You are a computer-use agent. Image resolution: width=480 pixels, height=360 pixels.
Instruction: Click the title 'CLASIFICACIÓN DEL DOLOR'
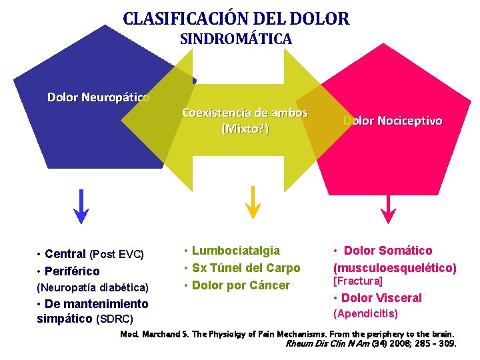[236, 18]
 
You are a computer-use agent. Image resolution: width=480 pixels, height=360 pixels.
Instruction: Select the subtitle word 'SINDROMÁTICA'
[236, 39]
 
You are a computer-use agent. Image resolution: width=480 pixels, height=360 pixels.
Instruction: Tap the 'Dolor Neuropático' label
[98, 98]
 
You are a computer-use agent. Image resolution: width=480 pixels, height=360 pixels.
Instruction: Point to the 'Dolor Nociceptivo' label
[393, 121]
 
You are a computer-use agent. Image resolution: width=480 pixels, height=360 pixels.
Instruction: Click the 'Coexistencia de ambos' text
[245, 113]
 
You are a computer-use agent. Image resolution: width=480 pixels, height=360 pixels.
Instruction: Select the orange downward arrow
[253, 201]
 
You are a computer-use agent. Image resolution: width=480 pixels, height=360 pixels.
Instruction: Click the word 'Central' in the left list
[65, 254]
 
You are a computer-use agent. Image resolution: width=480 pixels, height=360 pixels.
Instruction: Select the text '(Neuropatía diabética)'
[93, 288]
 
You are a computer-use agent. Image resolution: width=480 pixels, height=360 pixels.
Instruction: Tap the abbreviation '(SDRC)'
[115, 319]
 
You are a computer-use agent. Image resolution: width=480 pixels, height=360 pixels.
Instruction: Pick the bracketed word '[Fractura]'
[358, 282]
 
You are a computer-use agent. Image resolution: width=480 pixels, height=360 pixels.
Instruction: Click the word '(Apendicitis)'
[365, 313]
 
